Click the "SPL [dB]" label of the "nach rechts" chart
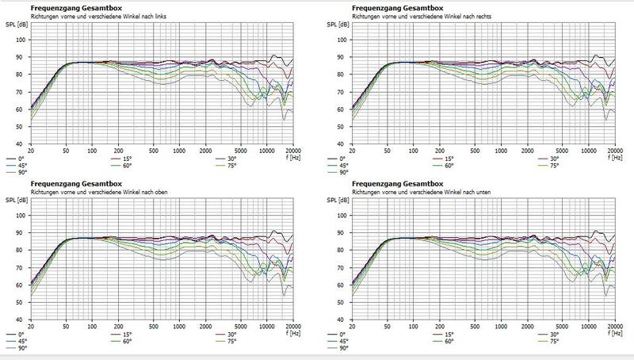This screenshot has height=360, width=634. coord(335,24)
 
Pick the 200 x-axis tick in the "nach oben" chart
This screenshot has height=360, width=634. coord(118,327)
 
